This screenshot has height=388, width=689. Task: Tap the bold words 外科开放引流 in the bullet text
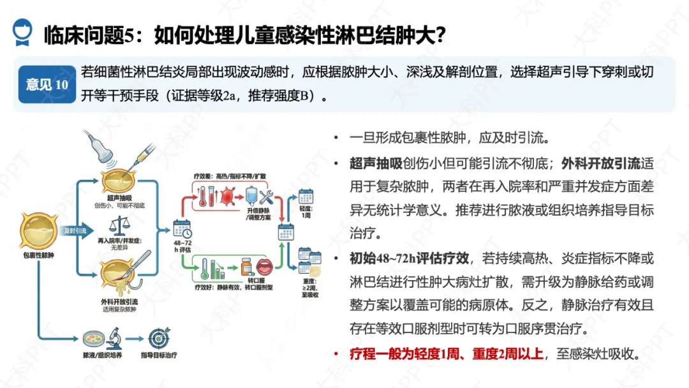pos(613,163)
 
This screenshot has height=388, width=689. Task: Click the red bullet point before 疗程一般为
pos(336,353)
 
